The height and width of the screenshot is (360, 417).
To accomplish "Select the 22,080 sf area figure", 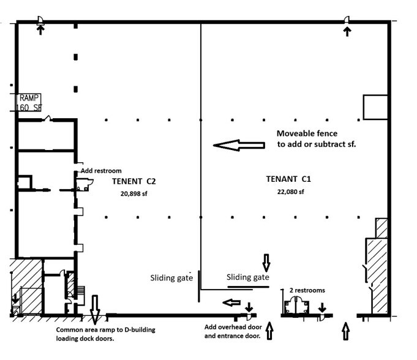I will pos(290,192).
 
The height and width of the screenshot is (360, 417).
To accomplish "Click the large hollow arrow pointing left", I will pos(237,145).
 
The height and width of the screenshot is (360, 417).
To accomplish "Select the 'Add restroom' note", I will pos(102,171).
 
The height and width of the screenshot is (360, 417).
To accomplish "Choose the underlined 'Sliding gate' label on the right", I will pos(248,277).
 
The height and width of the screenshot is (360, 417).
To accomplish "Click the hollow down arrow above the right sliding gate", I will pos(266,262).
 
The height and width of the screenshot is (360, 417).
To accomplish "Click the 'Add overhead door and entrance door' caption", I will pos(232,331).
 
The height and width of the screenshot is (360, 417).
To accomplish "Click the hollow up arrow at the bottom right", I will pos(345,331).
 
